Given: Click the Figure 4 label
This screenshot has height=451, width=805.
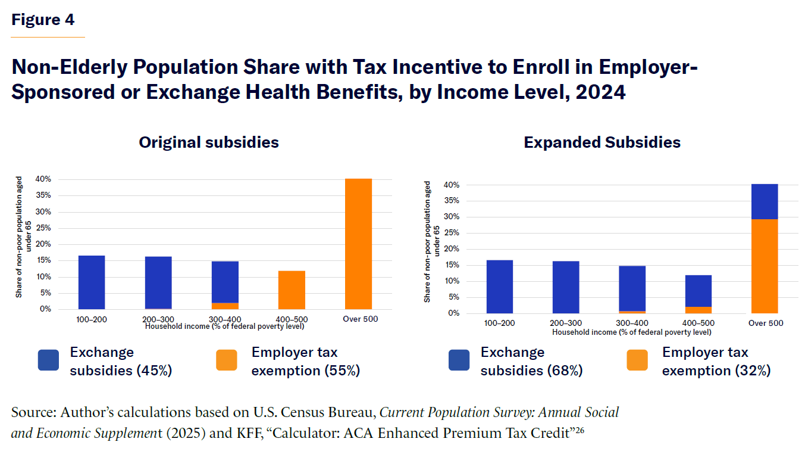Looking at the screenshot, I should pos(43,20).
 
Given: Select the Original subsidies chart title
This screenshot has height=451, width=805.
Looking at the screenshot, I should pos(209,142).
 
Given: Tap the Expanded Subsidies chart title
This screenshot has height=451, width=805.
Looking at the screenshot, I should pos(602,143).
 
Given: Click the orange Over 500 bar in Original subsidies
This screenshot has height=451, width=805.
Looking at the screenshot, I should pos(358,244).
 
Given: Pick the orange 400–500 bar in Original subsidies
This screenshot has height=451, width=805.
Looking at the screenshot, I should pos(292,290).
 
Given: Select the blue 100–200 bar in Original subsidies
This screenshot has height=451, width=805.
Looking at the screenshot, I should pos(92,282).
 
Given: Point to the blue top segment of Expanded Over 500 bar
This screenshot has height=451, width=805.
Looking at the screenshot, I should pos(765,201).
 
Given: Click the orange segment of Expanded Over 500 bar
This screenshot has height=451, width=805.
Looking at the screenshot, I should pos(765,266).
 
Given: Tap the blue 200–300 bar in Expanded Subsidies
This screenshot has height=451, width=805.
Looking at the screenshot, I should pos(565,287).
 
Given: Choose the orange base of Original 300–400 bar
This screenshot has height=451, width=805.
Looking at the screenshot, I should pos(225,306).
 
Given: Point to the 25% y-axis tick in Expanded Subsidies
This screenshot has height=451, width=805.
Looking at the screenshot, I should pos(453,233).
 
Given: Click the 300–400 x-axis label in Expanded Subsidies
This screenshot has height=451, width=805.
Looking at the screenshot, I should pos(632,323).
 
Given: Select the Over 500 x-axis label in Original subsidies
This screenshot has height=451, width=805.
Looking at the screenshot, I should pos(360,319).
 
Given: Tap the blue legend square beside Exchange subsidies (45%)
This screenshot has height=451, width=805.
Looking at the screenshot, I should pos(48,360).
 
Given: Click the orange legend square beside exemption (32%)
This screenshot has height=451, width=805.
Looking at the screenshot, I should pos(637,360).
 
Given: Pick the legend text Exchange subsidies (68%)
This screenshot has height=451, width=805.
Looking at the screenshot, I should pos(531,361).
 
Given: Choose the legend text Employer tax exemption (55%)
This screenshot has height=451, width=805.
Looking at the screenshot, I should pos(305,361).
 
